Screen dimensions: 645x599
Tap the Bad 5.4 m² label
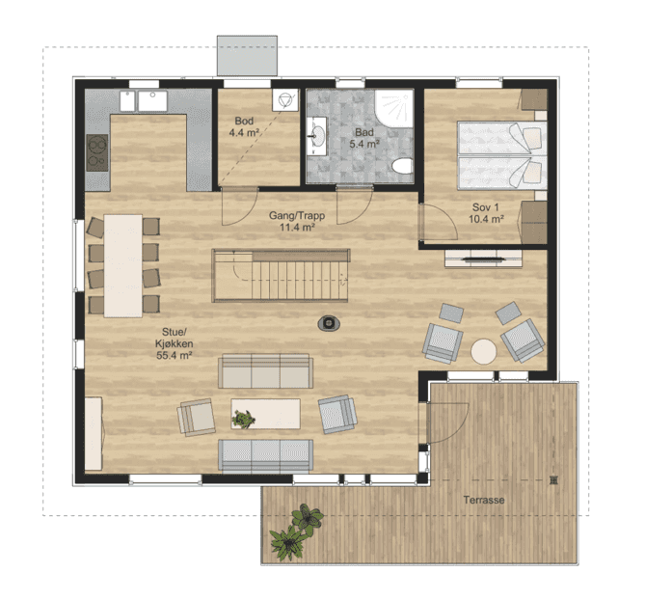[364, 138]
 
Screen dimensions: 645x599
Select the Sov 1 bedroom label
[487, 213]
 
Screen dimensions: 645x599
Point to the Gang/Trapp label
[297, 221]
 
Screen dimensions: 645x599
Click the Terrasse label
[484, 501]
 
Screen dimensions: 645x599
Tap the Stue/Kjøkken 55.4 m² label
[174, 343]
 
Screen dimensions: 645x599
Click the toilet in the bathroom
[402, 166]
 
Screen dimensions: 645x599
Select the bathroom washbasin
[317, 136]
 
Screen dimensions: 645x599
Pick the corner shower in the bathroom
[394, 109]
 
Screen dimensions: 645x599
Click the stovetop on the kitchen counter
[97, 152]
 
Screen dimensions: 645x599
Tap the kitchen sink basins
[144, 101]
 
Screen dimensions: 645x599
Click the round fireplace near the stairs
[329, 323]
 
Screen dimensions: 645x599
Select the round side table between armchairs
[484, 351]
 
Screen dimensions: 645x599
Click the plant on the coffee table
[244, 418]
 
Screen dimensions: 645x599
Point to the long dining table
[123, 266]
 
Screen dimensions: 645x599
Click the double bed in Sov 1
[502, 155]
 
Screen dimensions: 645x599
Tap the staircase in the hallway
[281, 276]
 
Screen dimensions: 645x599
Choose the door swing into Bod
[240, 206]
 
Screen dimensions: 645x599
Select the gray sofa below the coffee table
[266, 455]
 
